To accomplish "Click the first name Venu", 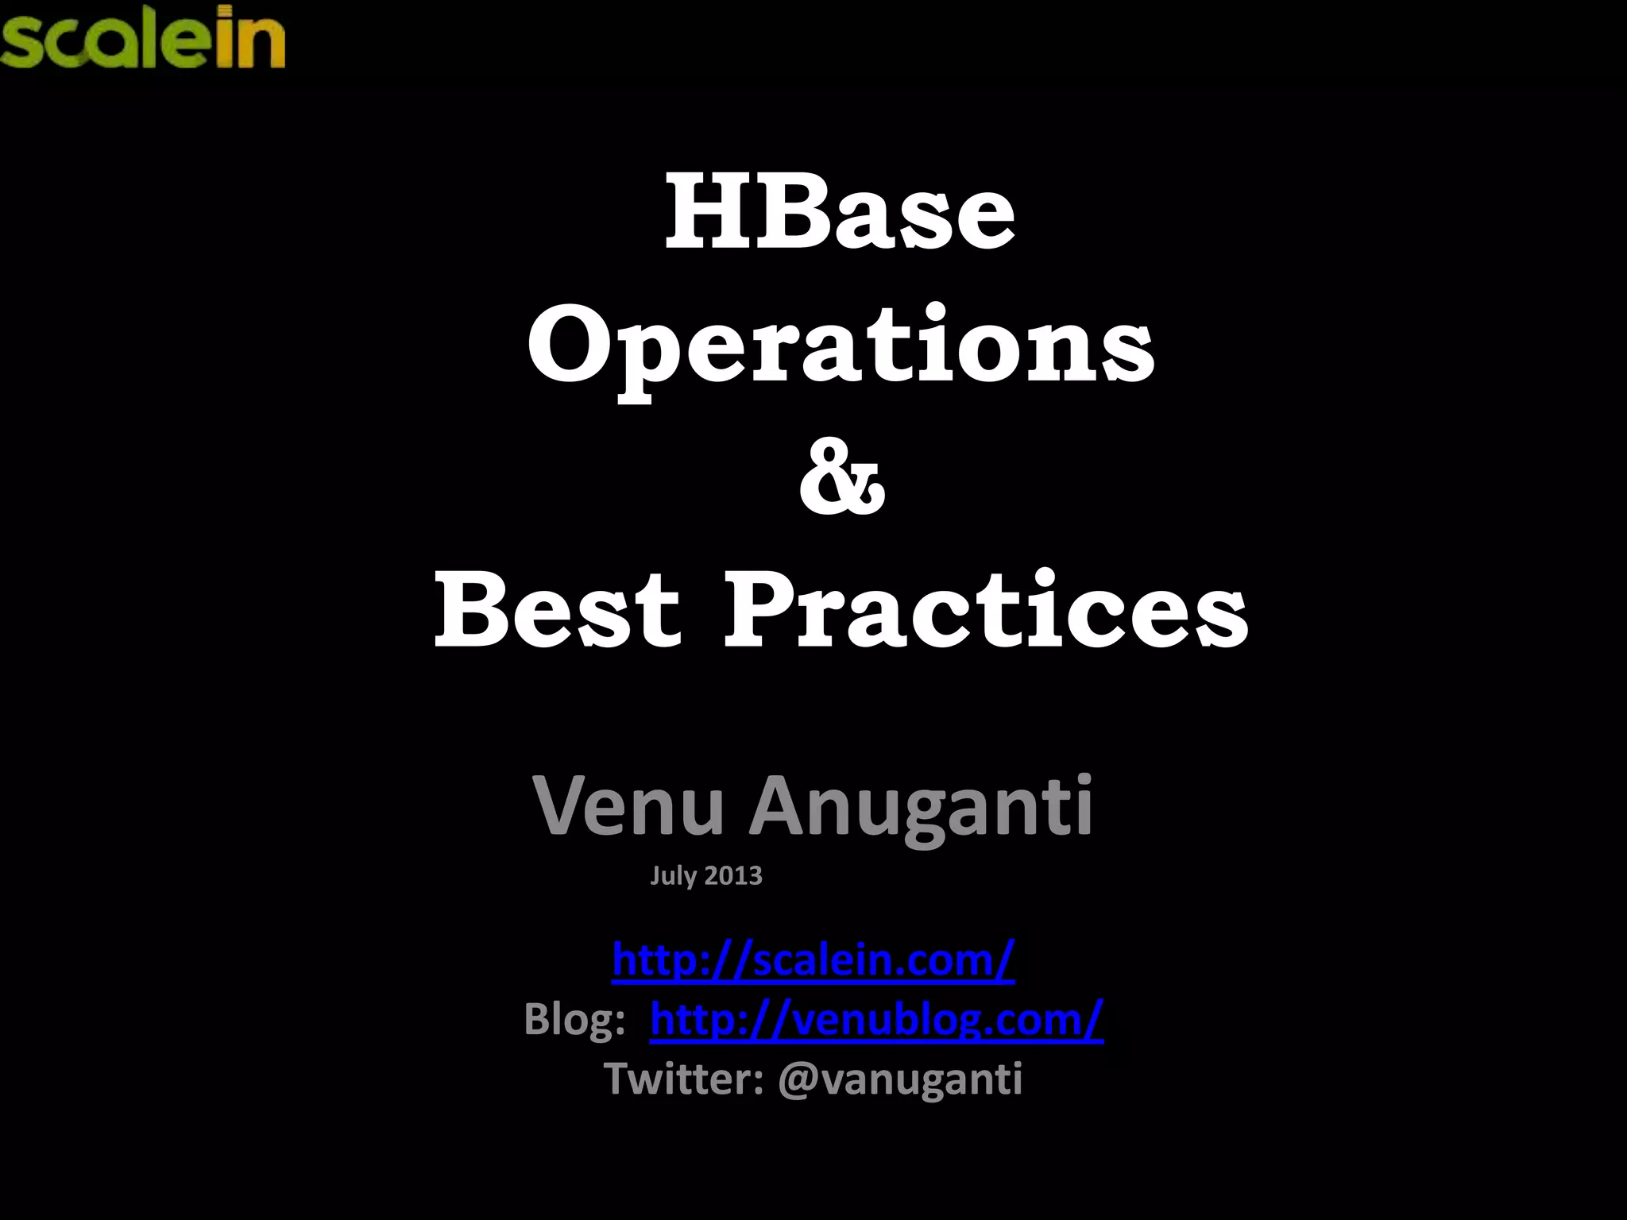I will click(628, 806).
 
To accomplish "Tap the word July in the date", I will click(674, 875).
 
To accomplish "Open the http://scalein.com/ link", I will click(813, 959).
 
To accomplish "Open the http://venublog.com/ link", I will click(876, 1019).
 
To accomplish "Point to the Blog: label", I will click(574, 1019).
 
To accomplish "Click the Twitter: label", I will click(684, 1079).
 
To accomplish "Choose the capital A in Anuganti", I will click(782, 806).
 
